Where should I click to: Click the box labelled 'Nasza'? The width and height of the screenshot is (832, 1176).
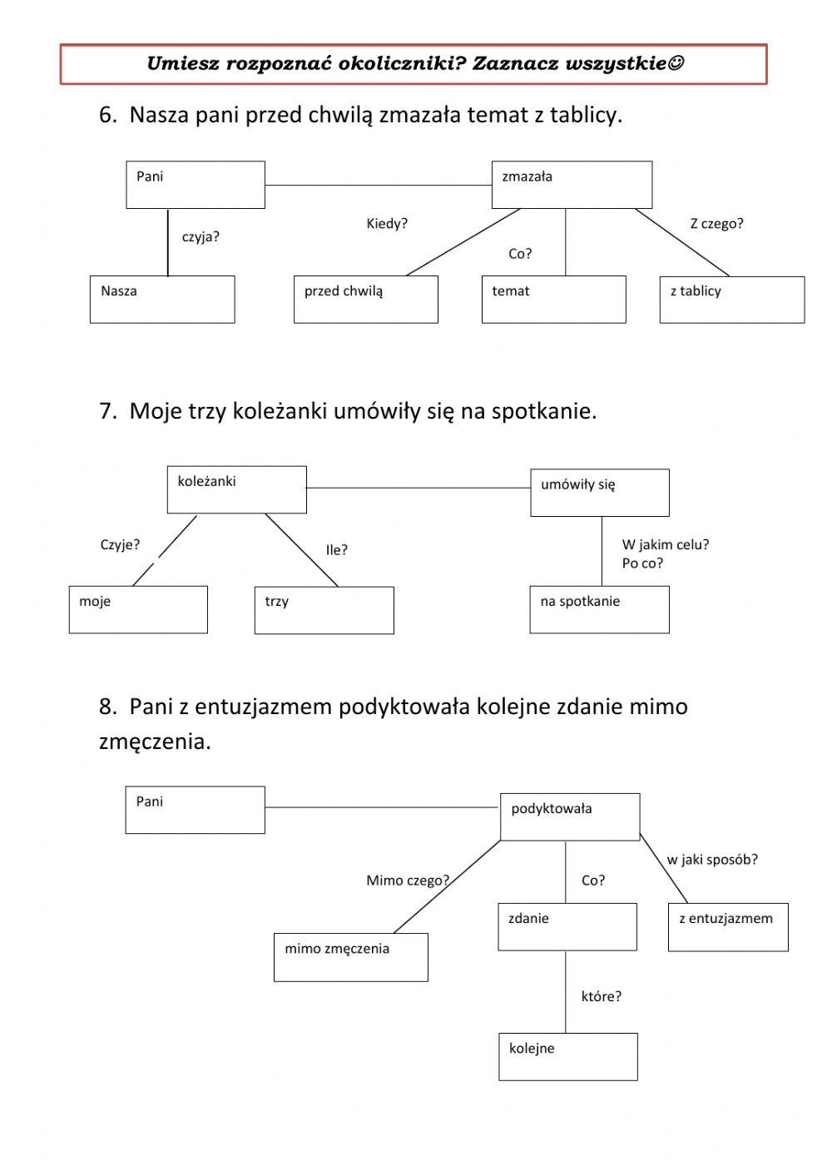162,300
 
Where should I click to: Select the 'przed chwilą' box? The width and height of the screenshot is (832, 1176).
365,300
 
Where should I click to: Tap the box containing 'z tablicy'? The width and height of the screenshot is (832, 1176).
731,300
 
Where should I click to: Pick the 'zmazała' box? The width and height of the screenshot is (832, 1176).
572,185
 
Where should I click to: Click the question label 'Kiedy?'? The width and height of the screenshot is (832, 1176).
387,224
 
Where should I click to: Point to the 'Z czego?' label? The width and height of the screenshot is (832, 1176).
716,223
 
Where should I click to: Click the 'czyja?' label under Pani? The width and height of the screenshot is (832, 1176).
201,237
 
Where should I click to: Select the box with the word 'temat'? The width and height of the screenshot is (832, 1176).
553,300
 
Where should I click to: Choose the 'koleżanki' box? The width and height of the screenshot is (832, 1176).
236,489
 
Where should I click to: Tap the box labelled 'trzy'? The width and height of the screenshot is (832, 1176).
324,610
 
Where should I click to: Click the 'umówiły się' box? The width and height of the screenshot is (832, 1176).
599,493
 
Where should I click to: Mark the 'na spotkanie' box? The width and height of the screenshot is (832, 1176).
599,609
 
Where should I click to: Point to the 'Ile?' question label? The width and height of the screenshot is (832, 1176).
337,550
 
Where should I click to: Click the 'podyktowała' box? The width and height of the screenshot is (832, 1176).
570,816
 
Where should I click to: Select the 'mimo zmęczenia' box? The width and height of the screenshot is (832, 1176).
350,957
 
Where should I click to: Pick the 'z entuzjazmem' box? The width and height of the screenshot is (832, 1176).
728,927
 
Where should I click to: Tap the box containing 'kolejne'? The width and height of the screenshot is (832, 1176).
567,1057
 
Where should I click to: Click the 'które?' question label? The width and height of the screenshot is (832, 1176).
601,996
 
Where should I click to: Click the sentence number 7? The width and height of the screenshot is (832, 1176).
106,411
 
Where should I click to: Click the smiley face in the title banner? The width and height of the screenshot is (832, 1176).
676,63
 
